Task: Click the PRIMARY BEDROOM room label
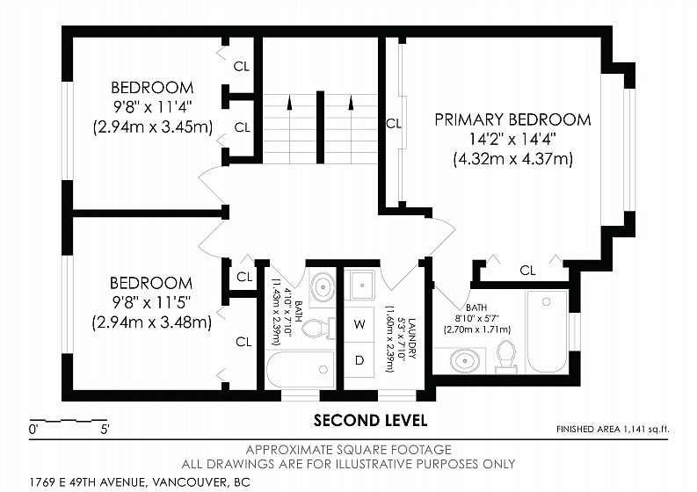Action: coord(513,119)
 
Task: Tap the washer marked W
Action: coord(359,324)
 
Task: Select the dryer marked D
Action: coord(359,360)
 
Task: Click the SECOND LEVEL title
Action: coord(370,420)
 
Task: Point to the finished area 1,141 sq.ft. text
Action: coord(613,430)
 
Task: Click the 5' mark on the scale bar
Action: coord(105,430)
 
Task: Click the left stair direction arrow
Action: coord(289,102)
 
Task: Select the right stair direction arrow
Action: coord(352,102)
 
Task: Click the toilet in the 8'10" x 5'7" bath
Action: coord(506,357)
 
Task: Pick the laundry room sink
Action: coord(362,285)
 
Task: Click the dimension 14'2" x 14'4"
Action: coord(513,139)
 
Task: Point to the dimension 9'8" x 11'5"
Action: coord(151,302)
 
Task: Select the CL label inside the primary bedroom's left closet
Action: coord(394,123)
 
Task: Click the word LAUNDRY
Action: coord(412,338)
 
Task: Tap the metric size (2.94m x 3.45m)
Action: coord(152,127)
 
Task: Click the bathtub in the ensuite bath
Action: coord(547,331)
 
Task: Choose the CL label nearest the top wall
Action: coord(242,67)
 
